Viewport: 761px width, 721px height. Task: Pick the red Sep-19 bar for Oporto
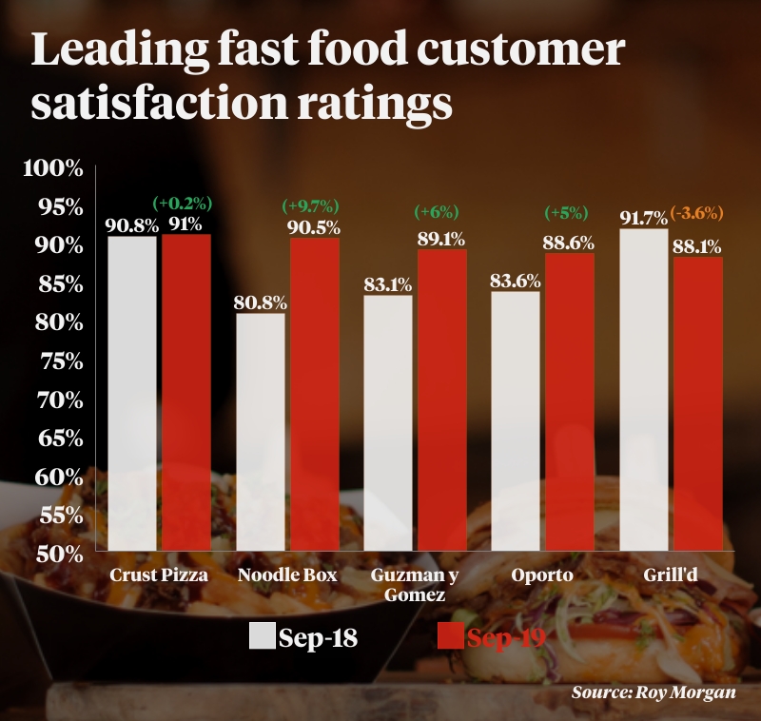(x=570, y=400)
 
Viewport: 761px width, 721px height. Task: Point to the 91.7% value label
(x=644, y=218)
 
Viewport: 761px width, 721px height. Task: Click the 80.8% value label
(x=261, y=303)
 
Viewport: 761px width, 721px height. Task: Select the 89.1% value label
(x=442, y=239)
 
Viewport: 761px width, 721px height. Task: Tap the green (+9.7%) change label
(x=311, y=206)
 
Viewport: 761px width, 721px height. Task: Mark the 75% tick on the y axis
(x=58, y=362)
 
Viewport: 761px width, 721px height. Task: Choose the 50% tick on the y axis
(x=58, y=555)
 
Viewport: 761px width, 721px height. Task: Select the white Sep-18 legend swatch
(x=262, y=636)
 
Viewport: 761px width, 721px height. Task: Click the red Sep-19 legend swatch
(x=449, y=636)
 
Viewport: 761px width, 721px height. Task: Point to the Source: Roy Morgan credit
(x=653, y=692)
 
